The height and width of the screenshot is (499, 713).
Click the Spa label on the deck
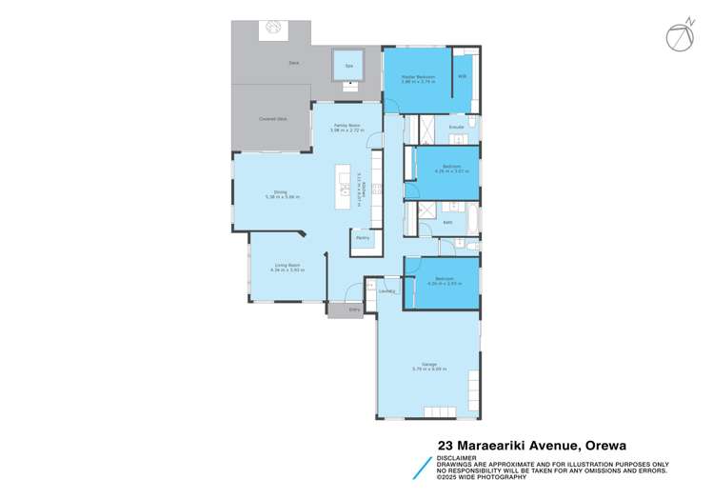[x=349, y=66]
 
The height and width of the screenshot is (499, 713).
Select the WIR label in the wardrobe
[x=462, y=76]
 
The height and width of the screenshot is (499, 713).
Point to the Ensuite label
[x=456, y=126]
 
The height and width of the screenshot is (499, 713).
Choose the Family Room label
[x=347, y=125]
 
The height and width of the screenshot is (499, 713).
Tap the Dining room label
[x=281, y=193]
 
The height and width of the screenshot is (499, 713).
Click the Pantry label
[x=363, y=238]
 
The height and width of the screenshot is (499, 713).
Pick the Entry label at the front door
[x=354, y=309]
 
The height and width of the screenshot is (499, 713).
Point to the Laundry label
[x=386, y=291]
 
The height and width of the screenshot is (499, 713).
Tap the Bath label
[x=446, y=224]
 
